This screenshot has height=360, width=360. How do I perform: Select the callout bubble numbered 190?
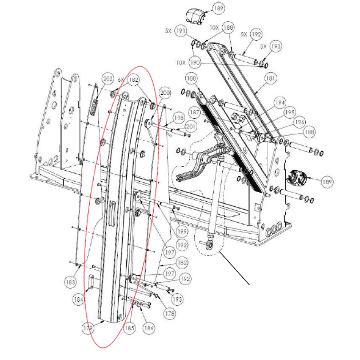(195, 62)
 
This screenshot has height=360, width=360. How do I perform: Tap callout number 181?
(270, 78)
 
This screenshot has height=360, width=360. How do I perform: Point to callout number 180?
(191, 78)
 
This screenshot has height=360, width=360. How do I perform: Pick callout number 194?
(279, 102)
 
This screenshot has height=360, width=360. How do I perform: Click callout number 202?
(108, 78)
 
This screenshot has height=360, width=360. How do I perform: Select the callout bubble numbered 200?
(165, 93)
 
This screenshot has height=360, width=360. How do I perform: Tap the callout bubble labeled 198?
(178, 118)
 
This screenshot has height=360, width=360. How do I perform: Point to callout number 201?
(191, 126)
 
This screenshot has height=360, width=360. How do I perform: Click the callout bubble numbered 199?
(182, 232)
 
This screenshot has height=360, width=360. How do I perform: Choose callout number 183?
(70, 282)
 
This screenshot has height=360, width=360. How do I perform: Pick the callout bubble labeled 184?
(78, 298)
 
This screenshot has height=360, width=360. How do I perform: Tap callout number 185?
(130, 329)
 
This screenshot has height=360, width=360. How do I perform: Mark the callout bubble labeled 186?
(149, 329)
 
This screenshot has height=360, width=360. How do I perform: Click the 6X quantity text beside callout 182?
(121, 80)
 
